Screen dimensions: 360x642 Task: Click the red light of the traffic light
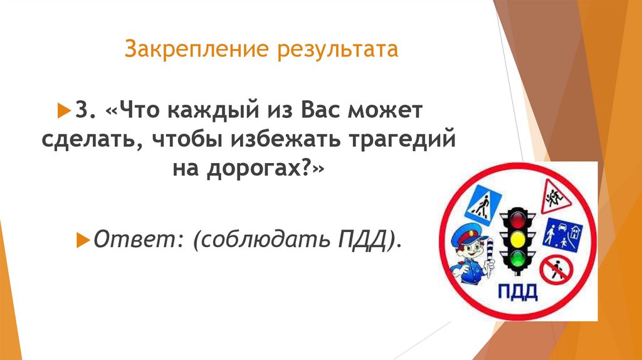click(517, 220)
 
